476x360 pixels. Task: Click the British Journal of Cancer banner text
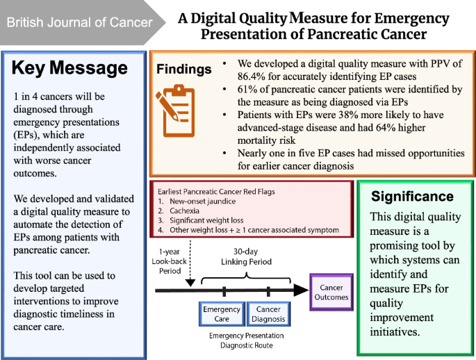pyautogui.click(x=79, y=22)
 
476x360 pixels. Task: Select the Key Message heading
pyautogui.click(x=69, y=67)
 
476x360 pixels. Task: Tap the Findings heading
pyautogui.click(x=183, y=69)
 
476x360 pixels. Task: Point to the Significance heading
pyautogui.click(x=412, y=197)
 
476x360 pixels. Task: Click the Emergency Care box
pyautogui.click(x=222, y=313)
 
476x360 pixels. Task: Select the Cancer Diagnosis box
pyautogui.click(x=268, y=313)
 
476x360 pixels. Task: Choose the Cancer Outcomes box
pyautogui.click(x=331, y=292)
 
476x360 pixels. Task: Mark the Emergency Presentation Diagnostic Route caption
pyautogui.click(x=246, y=341)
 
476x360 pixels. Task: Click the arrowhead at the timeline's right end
pyautogui.click(x=302, y=290)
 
